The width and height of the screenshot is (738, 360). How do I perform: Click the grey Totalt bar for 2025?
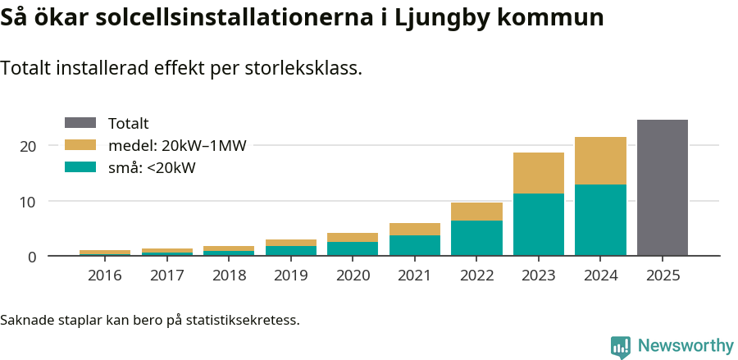[662, 188]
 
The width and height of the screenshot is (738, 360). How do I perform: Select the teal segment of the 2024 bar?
[600, 220]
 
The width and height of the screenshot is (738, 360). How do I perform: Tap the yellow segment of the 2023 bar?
[539, 173]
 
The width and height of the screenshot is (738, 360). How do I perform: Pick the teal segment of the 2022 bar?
[476, 238]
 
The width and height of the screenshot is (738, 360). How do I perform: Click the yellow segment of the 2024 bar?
[600, 161]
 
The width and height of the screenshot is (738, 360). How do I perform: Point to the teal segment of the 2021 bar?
[415, 245]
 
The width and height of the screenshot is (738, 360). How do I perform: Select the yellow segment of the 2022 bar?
[476, 212]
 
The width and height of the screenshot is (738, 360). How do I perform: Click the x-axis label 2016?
[105, 276]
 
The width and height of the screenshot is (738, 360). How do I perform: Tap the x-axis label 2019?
[291, 276]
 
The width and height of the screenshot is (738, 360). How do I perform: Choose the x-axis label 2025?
[662, 276]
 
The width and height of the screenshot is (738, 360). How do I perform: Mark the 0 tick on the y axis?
[32, 257]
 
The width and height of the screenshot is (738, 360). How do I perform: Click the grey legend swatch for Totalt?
[80, 124]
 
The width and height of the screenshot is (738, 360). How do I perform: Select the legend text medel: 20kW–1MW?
[177, 146]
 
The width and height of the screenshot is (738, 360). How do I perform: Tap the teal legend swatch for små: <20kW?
[80, 168]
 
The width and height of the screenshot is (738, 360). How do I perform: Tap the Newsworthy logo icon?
[621, 346]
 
